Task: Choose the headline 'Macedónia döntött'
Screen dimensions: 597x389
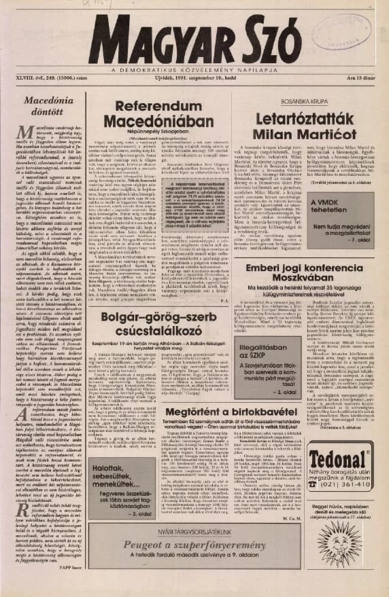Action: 44,111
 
